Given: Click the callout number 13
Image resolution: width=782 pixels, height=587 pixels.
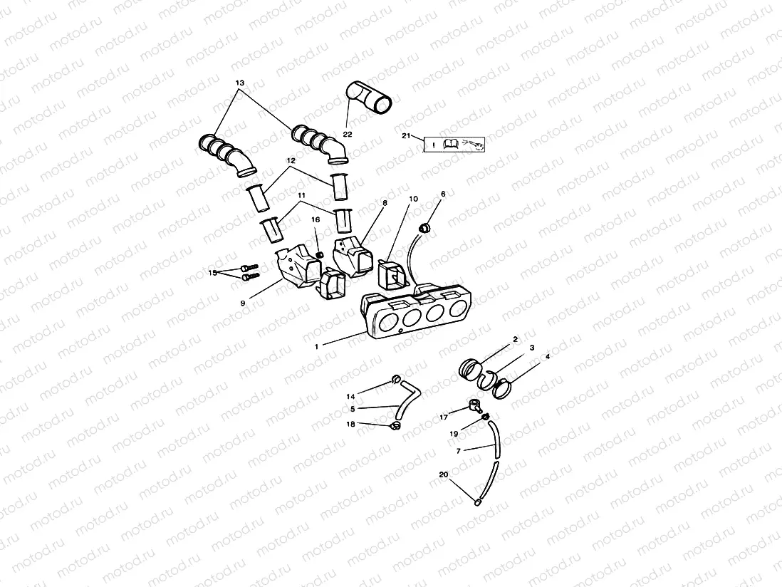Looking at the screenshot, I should click(x=239, y=83).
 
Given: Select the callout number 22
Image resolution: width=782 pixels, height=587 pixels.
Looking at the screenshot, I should click(x=347, y=134).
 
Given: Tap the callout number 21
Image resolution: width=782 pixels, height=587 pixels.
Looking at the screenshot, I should click(x=406, y=135).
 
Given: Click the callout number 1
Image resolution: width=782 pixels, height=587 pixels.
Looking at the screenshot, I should click(x=318, y=346).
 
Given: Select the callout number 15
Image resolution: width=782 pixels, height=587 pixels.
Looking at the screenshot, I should click(x=212, y=272).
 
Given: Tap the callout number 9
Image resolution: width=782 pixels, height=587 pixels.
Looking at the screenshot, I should click(x=242, y=303).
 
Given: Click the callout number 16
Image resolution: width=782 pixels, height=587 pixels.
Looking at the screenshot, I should click(x=316, y=221).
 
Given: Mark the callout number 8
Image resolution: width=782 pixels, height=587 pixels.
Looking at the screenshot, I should click(x=385, y=203).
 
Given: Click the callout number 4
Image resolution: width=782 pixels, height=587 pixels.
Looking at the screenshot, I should click(x=547, y=355).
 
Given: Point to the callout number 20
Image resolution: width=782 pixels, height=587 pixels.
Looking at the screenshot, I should click(x=444, y=474).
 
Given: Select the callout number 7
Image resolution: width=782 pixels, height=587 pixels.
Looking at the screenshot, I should click(x=458, y=450).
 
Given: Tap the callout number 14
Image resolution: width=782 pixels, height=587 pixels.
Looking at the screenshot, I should click(x=350, y=396).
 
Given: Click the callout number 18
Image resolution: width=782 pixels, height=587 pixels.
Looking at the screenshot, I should click(x=350, y=424).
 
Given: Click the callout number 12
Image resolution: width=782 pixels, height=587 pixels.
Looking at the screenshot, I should click(x=291, y=162).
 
